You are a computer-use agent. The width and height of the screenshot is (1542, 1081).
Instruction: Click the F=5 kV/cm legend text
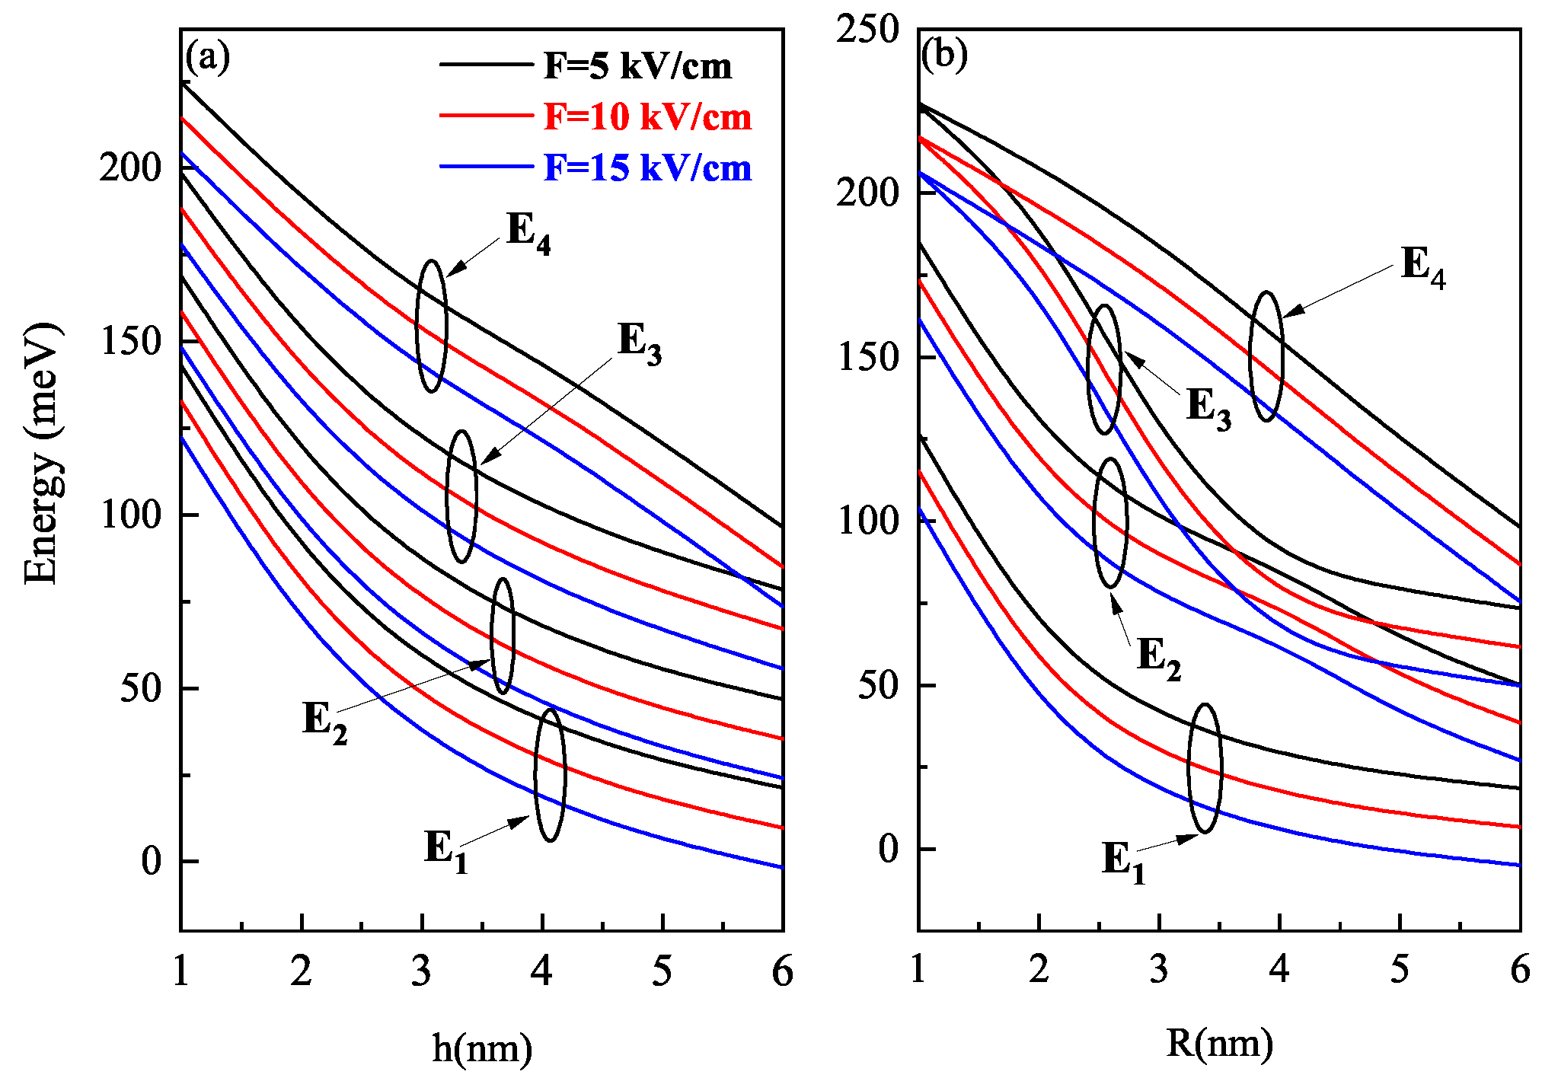coord(637,67)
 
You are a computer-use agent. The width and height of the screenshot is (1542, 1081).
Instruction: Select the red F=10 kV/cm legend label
coord(647,117)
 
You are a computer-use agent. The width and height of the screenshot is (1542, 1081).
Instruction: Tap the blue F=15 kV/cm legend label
coord(647,167)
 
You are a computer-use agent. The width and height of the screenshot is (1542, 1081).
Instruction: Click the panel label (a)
coord(207,57)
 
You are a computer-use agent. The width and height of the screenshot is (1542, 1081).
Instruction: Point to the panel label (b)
coord(944,56)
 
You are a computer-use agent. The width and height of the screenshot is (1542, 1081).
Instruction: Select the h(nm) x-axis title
coord(482,1048)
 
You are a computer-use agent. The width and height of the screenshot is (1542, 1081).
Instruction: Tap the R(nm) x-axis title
coord(1219,1044)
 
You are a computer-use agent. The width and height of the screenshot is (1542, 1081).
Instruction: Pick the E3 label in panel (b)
coord(1208,407)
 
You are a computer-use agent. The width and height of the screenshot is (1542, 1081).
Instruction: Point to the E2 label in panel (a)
coord(325,721)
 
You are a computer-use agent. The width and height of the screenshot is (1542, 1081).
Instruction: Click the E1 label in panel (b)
coord(1123,863)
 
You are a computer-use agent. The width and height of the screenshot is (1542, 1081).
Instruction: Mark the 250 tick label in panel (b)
coord(867,30)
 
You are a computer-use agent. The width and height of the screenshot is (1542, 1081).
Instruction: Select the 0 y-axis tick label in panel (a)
coord(152,861)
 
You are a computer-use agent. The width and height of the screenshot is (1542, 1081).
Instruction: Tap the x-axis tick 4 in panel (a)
coord(541,971)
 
